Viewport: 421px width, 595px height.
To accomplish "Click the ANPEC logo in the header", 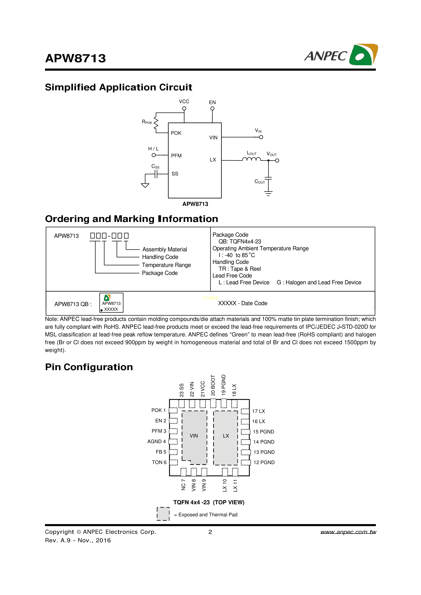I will (341, 55).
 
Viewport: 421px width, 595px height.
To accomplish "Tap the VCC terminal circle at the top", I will (184, 108).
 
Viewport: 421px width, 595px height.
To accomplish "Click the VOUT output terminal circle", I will (277, 161).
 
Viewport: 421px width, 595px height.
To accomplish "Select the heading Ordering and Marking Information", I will (132, 219).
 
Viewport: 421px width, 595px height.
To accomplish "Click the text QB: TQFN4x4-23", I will (240, 241).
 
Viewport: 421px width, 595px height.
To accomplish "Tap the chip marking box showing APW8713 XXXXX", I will (111, 303).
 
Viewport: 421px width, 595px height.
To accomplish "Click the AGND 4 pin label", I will (156, 441).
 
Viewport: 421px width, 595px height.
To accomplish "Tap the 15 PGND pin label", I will (263, 432).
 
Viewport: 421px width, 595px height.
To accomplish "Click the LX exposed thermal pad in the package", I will (226, 436).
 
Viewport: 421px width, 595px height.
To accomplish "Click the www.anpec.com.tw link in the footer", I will (348, 532).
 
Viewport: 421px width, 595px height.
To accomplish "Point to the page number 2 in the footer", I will (210, 532).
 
